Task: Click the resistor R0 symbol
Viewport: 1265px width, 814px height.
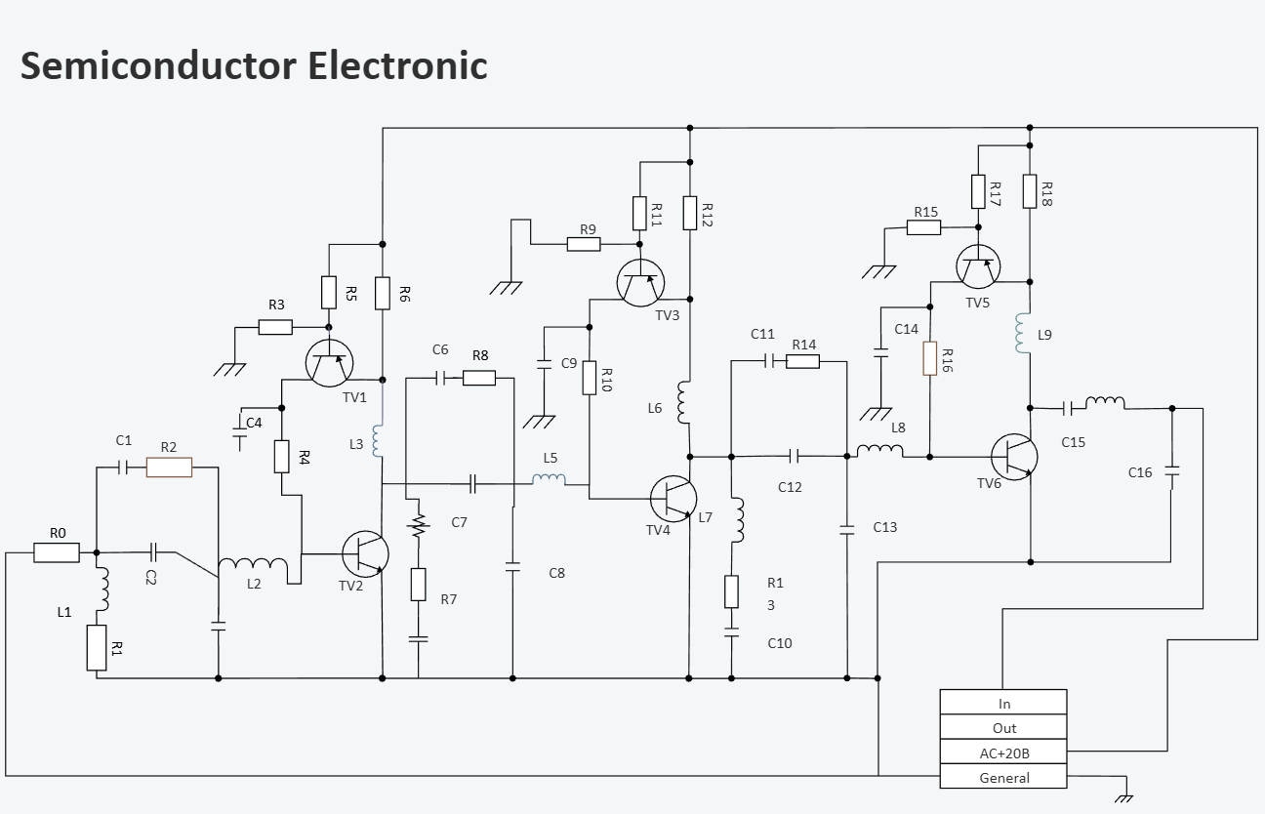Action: click(x=57, y=552)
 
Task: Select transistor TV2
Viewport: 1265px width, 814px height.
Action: click(x=365, y=553)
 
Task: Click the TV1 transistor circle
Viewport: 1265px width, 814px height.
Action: click(x=329, y=363)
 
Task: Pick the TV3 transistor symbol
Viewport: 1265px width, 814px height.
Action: click(x=641, y=282)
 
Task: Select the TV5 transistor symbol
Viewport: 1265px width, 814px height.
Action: click(x=977, y=266)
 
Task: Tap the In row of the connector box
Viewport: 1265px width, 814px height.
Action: click(x=1003, y=703)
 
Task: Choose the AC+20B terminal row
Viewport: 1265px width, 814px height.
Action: click(x=1003, y=753)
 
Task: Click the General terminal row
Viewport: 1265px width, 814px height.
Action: click(x=1003, y=778)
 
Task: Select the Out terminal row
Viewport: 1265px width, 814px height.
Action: click(x=1003, y=728)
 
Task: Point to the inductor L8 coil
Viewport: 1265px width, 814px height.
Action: click(x=880, y=450)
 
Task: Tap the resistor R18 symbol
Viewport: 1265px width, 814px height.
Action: click(x=1030, y=190)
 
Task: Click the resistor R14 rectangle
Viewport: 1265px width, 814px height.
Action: click(x=802, y=361)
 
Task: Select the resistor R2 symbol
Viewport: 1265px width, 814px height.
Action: click(x=169, y=468)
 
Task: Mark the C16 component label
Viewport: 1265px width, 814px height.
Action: click(x=1140, y=472)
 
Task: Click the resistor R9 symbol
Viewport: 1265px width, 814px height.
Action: click(x=584, y=244)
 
